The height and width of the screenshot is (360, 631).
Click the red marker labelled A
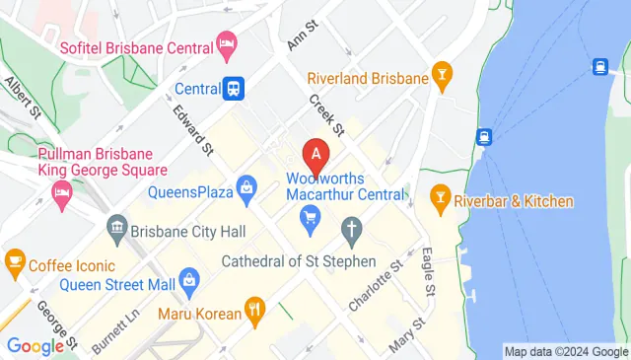pos(315,154)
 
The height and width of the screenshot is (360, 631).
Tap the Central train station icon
pos(234,88)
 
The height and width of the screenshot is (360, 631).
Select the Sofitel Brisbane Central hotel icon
pos(228,42)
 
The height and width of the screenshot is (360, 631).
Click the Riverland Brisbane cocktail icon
pos(443,76)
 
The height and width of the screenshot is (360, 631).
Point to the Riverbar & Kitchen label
pos(514,201)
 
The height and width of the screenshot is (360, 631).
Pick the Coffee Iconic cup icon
pos(15,261)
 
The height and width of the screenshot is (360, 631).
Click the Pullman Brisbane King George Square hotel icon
pos(63,192)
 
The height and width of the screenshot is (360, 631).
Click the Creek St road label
pos(324,115)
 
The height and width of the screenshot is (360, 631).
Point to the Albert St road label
pos(22,96)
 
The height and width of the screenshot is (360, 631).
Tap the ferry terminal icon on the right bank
pos(599,66)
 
